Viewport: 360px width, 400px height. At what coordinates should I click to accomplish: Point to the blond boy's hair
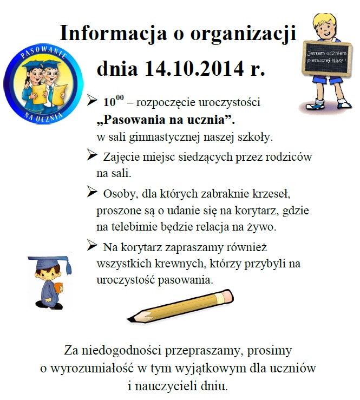(326, 22)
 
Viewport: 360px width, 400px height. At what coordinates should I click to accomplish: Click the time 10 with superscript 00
(113, 101)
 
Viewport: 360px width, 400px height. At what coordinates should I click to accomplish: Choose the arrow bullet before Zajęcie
(93, 156)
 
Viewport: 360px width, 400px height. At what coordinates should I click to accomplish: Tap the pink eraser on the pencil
(227, 296)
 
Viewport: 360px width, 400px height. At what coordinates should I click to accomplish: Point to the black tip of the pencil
(131, 317)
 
